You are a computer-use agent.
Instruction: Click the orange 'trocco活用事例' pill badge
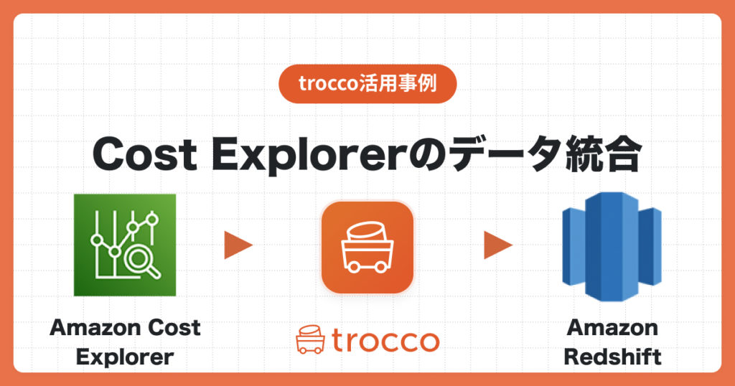[367, 84]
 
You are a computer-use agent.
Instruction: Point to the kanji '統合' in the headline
[603, 154]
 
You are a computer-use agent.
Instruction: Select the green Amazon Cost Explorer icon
[125, 245]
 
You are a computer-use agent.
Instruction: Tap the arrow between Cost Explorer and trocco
[238, 245]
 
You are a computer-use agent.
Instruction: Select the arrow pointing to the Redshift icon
[498, 245]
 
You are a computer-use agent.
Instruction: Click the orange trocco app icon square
[367, 248]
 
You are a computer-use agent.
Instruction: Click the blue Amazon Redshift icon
[612, 246]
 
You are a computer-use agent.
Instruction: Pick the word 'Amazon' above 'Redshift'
[612, 327]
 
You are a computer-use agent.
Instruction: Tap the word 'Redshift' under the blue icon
[612, 357]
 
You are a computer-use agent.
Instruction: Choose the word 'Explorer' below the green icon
[125, 357]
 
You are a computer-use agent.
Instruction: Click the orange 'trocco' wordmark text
[385, 341]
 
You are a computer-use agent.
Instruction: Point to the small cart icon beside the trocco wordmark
[310, 339]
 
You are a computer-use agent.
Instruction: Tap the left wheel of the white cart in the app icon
[353, 268]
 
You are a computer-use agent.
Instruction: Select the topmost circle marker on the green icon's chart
[152, 218]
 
